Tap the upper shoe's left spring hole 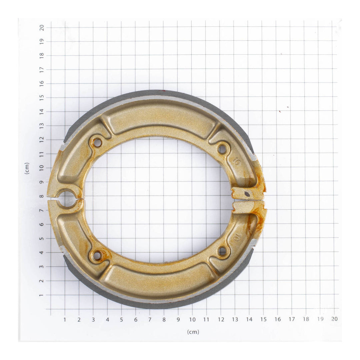click(97, 143)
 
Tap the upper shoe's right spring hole click(222, 149)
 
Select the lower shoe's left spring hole click(97, 256)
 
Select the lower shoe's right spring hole click(222, 251)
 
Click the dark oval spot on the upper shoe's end click(247, 194)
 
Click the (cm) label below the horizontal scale click(193, 332)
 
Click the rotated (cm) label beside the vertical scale click(27, 168)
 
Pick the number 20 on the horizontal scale click(334, 319)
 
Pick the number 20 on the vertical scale click(42, 27)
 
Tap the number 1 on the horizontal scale click(65, 319)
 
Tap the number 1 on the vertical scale click(42, 295)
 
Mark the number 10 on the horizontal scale click(192, 319)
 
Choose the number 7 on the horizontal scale click(150, 319)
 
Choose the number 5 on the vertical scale click(42, 239)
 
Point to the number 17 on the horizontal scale click(292, 319)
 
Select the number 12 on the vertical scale click(42, 140)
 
